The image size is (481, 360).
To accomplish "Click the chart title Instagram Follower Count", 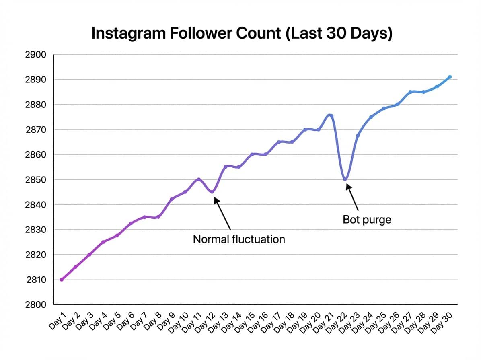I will [242, 34].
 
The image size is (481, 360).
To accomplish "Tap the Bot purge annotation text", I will [367, 220].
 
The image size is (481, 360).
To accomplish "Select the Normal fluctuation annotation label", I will [239, 239].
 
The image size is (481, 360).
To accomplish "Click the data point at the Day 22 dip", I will [345, 179].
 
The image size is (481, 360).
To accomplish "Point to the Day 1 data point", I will [62, 279].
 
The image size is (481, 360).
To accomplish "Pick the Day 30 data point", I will [450, 77].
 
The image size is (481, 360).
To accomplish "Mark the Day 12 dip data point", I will [212, 192].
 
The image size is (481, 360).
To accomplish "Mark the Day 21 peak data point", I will [331, 116].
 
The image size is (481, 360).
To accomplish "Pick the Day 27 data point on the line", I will [410, 92].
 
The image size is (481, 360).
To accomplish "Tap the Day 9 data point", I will [172, 199].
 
